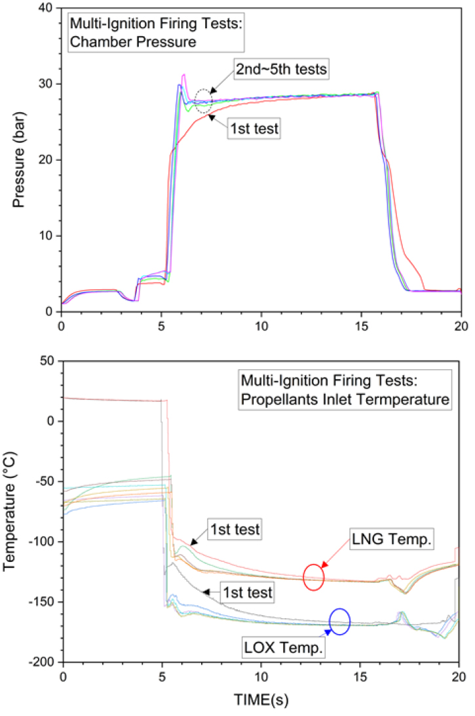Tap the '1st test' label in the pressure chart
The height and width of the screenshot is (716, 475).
pyautogui.click(x=254, y=129)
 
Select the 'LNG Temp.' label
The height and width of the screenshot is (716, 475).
pyautogui.click(x=399, y=538)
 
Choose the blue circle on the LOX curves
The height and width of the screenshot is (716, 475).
pyautogui.click(x=339, y=622)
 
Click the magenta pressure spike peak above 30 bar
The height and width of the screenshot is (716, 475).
pyautogui.click(x=184, y=74)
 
